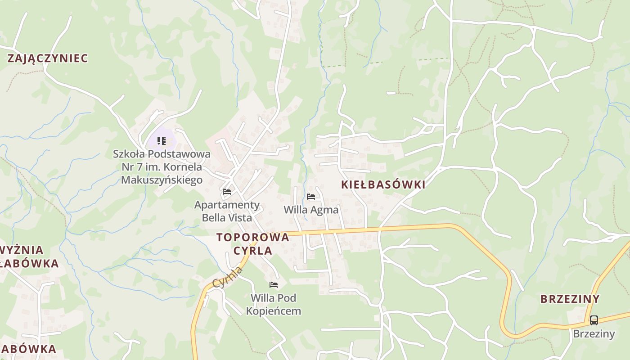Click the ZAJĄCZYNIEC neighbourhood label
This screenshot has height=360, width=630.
[48, 58]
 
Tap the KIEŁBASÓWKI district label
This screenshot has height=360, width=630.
[383, 184]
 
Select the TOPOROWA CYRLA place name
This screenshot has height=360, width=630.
[252, 244]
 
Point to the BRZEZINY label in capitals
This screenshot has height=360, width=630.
[570, 299]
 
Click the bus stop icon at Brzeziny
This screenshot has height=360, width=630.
[594, 320]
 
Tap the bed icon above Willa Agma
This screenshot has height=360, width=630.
[311, 197]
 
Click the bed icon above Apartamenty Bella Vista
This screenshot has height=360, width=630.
[227, 192]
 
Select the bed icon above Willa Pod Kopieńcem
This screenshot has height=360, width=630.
[273, 285]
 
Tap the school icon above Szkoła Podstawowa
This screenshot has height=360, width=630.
[162, 141]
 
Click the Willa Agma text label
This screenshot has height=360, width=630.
[311, 210]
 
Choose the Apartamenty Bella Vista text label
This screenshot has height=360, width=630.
[227, 211]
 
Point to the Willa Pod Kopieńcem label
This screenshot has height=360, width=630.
[273, 304]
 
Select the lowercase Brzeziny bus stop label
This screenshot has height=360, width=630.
[594, 333]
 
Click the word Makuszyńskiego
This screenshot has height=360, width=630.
[162, 180]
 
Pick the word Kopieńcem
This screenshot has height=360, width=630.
[273, 310]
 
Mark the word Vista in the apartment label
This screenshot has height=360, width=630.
[240, 218]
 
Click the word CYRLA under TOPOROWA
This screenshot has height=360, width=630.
[252, 251]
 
